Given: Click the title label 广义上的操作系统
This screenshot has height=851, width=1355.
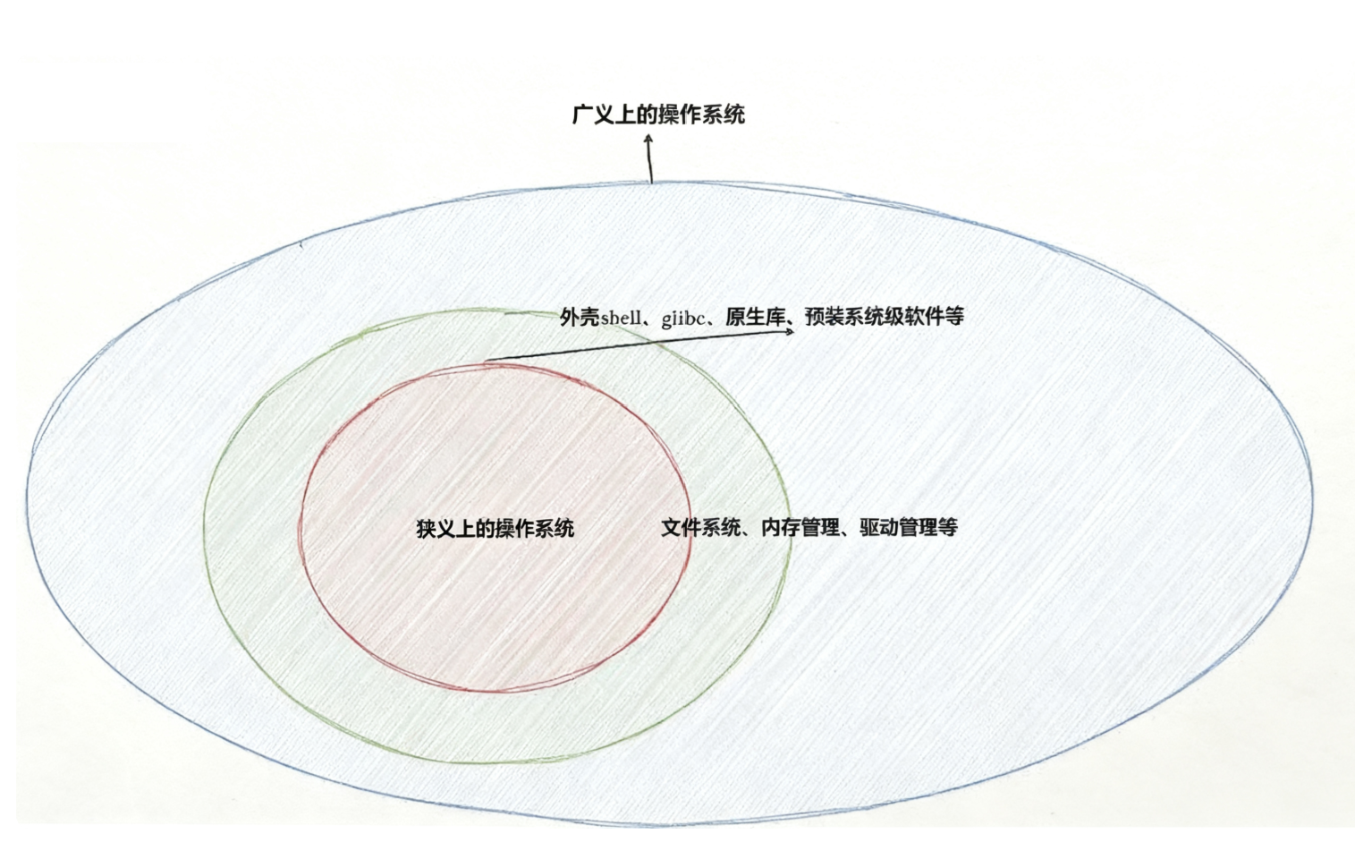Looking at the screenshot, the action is [658, 115].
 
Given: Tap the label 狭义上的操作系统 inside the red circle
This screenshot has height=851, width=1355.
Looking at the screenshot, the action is [495, 528].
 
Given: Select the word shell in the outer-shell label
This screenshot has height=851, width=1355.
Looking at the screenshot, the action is [621, 318].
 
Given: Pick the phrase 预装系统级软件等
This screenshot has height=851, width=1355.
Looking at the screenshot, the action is [885, 317].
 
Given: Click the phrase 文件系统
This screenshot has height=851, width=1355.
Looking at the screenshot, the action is [701, 528].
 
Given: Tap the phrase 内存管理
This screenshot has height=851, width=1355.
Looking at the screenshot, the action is [800, 528].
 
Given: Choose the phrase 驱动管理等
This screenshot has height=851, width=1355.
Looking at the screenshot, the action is [909, 528].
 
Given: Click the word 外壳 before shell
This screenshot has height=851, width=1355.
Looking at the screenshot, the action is [580, 317].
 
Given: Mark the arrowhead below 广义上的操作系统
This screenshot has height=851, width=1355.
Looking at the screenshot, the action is [648, 139].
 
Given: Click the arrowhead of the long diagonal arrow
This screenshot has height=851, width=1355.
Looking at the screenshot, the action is [790, 331].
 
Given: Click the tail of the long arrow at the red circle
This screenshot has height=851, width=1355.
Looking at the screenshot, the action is [485, 362].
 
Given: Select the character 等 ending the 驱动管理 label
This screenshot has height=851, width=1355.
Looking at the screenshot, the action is [948, 528].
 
